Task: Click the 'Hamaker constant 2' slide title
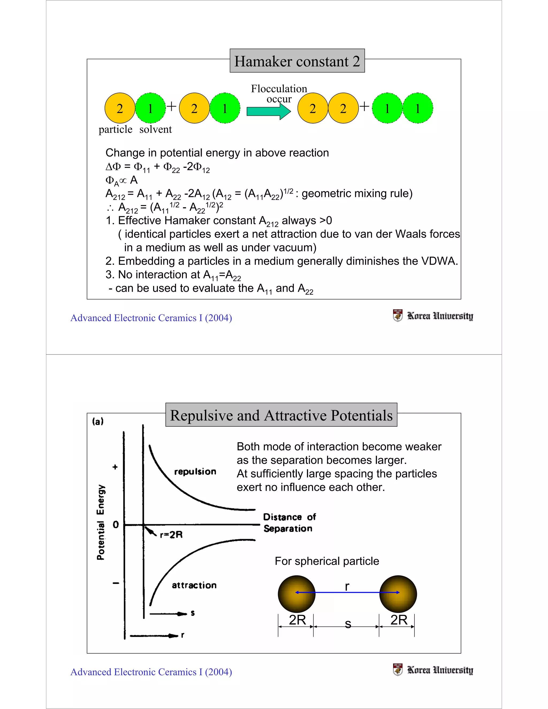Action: [297, 61]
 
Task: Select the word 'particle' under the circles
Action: [115, 129]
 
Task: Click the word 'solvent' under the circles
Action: [155, 129]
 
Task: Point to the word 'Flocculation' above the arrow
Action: [279, 89]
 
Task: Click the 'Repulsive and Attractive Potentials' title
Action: [281, 415]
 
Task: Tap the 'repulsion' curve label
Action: [195, 471]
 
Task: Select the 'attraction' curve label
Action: [194, 585]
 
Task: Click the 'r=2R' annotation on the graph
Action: [171, 535]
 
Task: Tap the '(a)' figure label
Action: [98, 421]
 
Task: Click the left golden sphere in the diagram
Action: [296, 594]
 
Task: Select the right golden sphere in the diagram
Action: [398, 594]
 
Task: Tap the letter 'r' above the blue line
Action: [347, 586]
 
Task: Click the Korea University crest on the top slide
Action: [397, 315]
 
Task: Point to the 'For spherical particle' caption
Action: [327, 561]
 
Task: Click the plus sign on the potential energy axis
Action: [115, 467]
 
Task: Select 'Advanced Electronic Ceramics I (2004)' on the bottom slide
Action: [151, 672]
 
